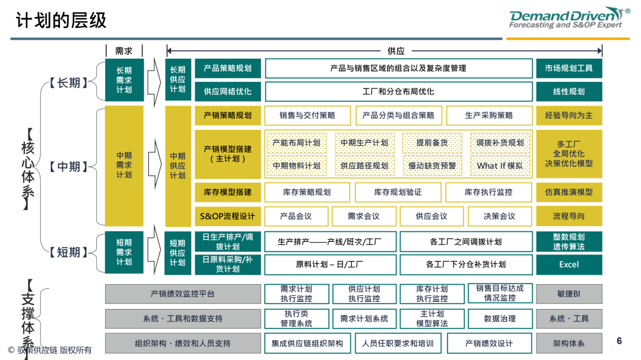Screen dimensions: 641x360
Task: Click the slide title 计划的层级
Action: [x=61, y=20]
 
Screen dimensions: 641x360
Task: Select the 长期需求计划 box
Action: [x=124, y=80]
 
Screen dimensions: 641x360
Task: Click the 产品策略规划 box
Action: [x=228, y=68]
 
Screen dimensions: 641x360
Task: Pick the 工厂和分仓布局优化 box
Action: [x=398, y=91]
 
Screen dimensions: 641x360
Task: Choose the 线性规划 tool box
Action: [x=569, y=91]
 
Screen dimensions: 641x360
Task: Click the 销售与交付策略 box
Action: [x=307, y=115]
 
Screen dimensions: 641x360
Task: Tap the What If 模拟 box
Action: [x=500, y=165]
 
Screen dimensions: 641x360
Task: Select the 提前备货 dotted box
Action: [x=432, y=143]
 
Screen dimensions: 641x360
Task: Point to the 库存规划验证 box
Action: [x=398, y=192]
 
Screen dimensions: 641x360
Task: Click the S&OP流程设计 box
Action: [x=228, y=216]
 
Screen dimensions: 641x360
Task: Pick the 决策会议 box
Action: [x=500, y=216]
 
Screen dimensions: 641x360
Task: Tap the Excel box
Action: [x=569, y=265]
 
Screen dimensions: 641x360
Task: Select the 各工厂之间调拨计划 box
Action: [x=466, y=241]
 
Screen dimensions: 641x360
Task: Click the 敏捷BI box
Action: [x=569, y=294]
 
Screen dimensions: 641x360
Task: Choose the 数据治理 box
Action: [x=500, y=318]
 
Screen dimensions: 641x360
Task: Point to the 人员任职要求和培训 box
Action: [x=398, y=343]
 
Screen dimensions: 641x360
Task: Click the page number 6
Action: [x=620, y=341]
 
